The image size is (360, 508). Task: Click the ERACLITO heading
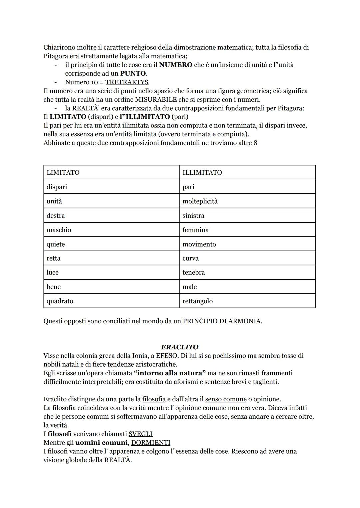tap(180, 347)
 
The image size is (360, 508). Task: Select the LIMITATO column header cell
tap(111, 172)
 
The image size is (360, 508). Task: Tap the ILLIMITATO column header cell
tap(247, 172)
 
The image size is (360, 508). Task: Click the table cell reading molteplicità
tap(247, 201)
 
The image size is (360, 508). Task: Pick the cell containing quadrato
tap(111, 301)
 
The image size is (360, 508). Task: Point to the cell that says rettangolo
tap(247, 301)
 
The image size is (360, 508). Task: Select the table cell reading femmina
tap(247, 230)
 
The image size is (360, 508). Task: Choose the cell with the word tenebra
tap(247, 272)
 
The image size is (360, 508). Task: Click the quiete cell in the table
tap(111, 244)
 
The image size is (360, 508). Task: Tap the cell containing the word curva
tap(247, 258)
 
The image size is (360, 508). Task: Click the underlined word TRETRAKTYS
tap(127, 82)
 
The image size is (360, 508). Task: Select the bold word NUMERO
tap(176, 65)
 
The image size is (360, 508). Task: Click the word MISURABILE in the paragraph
tap(156, 99)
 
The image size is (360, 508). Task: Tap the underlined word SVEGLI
tap(140, 434)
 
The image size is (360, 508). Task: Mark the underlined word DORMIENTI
tap(150, 442)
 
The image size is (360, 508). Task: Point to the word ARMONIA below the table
tap(245, 321)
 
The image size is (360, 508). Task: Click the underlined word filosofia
tap(154, 399)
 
